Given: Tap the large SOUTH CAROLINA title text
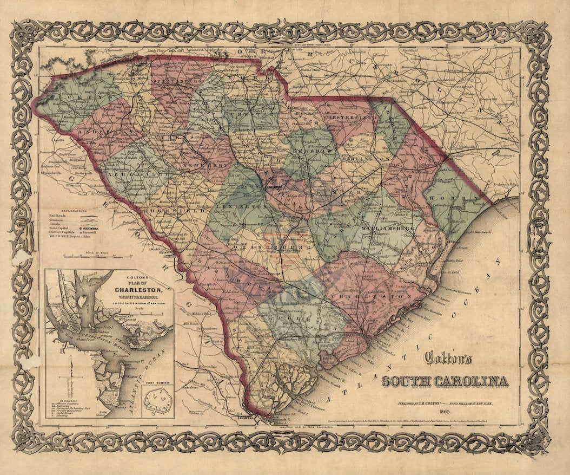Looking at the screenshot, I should pyautogui.click(x=446, y=381).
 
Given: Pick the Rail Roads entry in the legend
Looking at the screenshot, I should pyautogui.click(x=52, y=215).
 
